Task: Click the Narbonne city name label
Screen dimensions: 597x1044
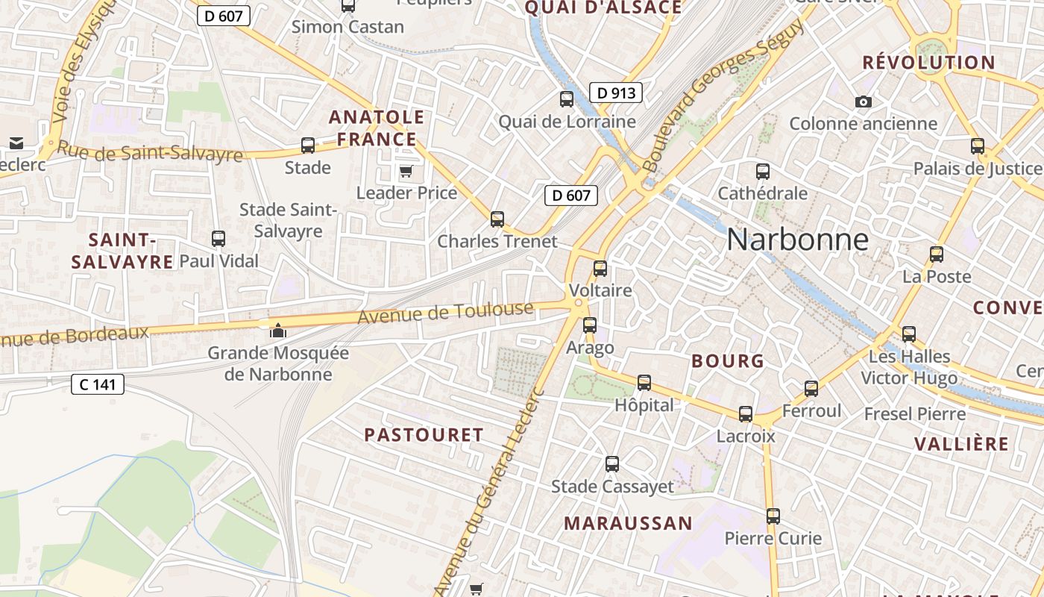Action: pyautogui.click(x=797, y=240)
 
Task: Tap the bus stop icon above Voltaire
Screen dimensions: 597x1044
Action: pyautogui.click(x=600, y=269)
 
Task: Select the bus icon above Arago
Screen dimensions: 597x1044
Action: pyautogui.click(x=590, y=325)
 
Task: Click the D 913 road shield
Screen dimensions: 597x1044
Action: pyautogui.click(x=616, y=93)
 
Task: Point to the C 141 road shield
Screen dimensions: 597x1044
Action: pyautogui.click(x=98, y=384)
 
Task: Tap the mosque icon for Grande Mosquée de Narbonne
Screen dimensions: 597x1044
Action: pyautogui.click(x=277, y=330)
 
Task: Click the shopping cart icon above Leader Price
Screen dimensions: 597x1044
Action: pyautogui.click(x=406, y=172)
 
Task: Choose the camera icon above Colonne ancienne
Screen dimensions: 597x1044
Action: pyautogui.click(x=864, y=101)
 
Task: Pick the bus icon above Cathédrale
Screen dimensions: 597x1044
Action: pyautogui.click(x=762, y=172)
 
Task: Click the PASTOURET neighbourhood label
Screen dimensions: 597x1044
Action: pyautogui.click(x=424, y=434)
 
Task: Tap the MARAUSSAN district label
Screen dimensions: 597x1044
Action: pyautogui.click(x=628, y=523)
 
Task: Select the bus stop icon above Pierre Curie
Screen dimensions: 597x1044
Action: pyautogui.click(x=773, y=516)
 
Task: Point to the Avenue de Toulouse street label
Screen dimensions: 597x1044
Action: pyautogui.click(x=446, y=313)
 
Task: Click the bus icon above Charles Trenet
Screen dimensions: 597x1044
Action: pyautogui.click(x=497, y=219)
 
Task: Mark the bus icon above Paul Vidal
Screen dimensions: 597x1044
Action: pyautogui.click(x=218, y=239)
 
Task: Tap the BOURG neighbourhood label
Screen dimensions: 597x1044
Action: pyautogui.click(x=728, y=361)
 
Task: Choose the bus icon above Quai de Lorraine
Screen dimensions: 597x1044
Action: pyautogui.click(x=567, y=99)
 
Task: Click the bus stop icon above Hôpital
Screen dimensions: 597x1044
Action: pyautogui.click(x=644, y=383)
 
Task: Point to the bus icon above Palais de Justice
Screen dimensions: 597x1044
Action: pyautogui.click(x=978, y=146)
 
